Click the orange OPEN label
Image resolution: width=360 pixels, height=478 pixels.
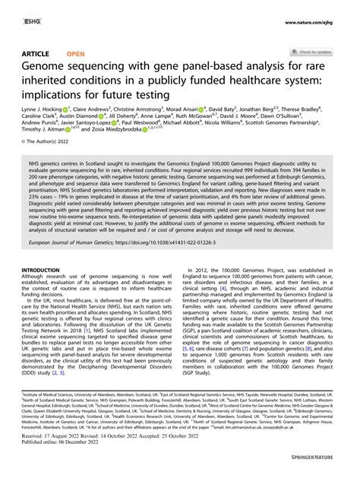[x=75, y=53]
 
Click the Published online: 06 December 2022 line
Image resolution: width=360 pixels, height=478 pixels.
[x=65, y=460]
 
